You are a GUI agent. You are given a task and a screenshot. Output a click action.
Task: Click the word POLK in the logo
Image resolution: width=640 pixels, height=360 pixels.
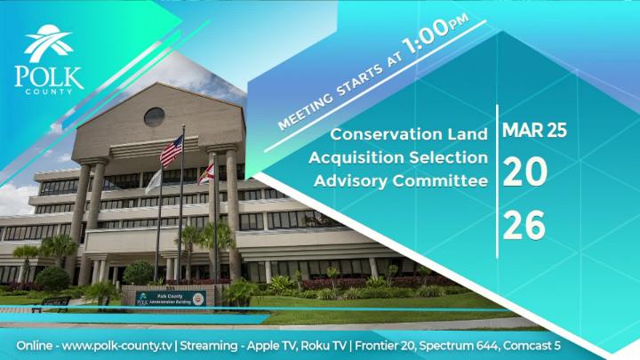(49, 76)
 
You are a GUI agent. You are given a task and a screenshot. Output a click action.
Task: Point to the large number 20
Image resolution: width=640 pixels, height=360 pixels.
(524, 173)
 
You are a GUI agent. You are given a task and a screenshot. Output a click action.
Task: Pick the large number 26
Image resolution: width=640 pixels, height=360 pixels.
(524, 227)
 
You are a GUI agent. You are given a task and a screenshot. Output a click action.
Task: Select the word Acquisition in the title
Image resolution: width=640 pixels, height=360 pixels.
(355, 158)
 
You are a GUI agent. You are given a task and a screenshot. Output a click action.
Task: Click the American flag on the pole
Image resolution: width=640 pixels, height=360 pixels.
(171, 151)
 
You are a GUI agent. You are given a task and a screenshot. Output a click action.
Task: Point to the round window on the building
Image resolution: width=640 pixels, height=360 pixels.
(154, 116)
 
